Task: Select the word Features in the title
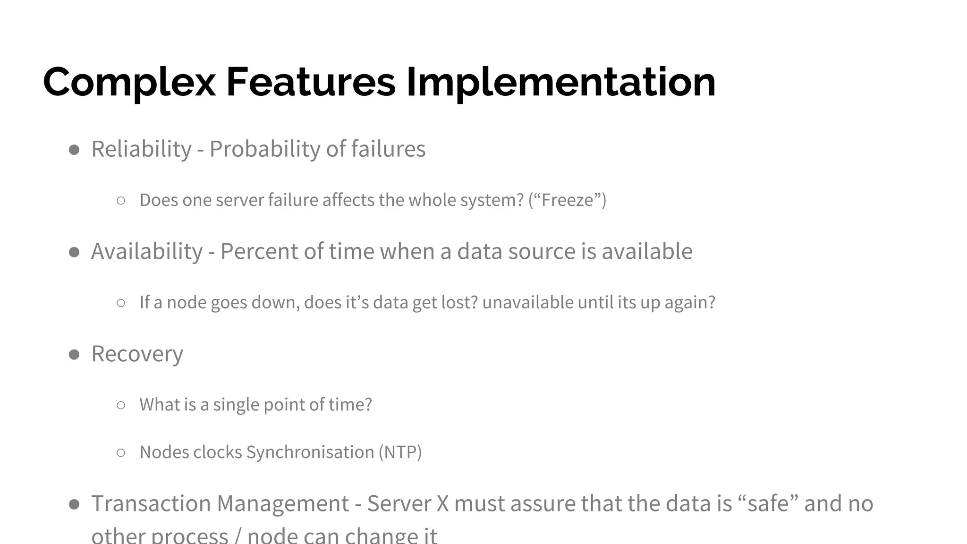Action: click(311, 82)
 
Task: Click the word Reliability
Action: click(141, 149)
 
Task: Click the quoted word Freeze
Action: click(567, 200)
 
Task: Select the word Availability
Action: click(147, 252)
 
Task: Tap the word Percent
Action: click(259, 252)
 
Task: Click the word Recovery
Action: click(137, 354)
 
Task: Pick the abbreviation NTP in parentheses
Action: click(400, 452)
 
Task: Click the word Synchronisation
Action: click(310, 452)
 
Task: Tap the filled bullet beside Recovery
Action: click(74, 355)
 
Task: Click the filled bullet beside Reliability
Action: click(74, 150)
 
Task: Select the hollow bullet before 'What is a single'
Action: click(121, 405)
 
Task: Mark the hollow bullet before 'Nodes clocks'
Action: click(121, 453)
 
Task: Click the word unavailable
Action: click(527, 303)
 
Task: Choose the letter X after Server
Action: click(442, 504)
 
